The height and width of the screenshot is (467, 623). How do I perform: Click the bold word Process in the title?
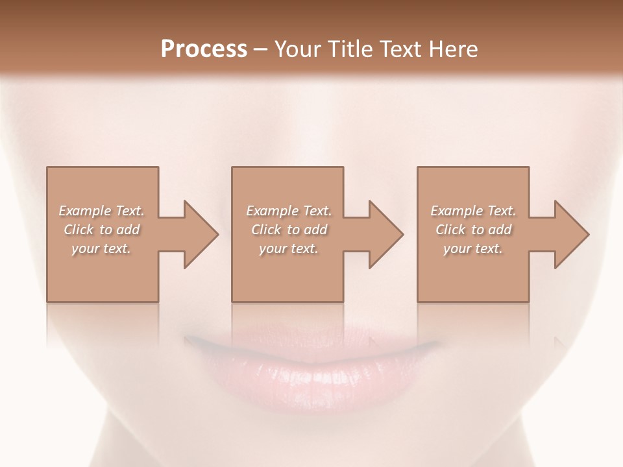[x=204, y=49]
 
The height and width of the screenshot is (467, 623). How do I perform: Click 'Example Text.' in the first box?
[x=101, y=211]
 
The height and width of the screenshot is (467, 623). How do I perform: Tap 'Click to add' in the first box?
[x=101, y=230]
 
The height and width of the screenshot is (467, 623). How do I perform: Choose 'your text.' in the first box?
[x=101, y=248]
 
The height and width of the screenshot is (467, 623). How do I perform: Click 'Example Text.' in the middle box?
[x=289, y=211]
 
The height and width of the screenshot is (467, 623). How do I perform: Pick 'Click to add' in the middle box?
[x=289, y=230]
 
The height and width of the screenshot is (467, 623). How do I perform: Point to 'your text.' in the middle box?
[x=289, y=248]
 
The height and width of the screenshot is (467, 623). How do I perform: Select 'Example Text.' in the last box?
[x=473, y=211]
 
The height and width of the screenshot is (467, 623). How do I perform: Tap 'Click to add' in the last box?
[x=473, y=230]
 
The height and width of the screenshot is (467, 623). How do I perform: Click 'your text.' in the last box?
[x=473, y=248]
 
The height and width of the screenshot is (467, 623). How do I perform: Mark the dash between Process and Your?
[x=261, y=49]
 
